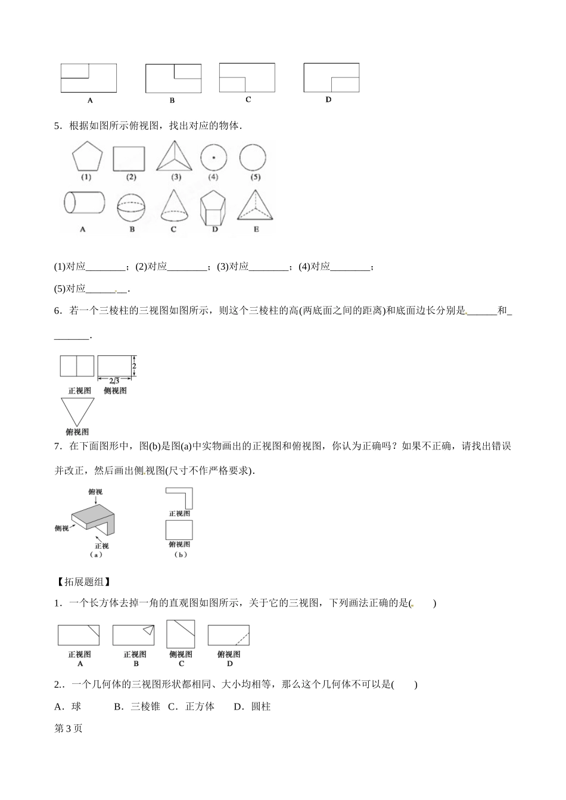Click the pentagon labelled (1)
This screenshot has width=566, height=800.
click(x=87, y=157)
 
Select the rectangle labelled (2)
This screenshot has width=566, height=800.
click(x=130, y=158)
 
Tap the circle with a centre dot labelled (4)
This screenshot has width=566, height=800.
click(x=213, y=158)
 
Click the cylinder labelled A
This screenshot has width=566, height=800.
click(x=83, y=203)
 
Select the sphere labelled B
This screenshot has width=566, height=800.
click(x=132, y=205)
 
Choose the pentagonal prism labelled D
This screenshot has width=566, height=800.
click(x=214, y=207)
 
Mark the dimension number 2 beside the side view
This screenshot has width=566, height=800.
click(x=135, y=365)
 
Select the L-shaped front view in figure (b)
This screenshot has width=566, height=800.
click(x=180, y=497)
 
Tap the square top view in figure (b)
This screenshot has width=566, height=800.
click(x=179, y=529)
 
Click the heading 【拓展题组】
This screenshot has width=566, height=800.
click(x=82, y=582)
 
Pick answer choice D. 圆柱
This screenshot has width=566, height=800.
click(x=252, y=707)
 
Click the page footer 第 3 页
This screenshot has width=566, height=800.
click(x=68, y=729)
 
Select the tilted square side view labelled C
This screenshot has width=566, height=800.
click(x=181, y=634)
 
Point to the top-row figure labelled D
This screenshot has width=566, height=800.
click(x=331, y=77)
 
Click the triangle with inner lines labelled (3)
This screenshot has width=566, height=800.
click(x=175, y=157)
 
